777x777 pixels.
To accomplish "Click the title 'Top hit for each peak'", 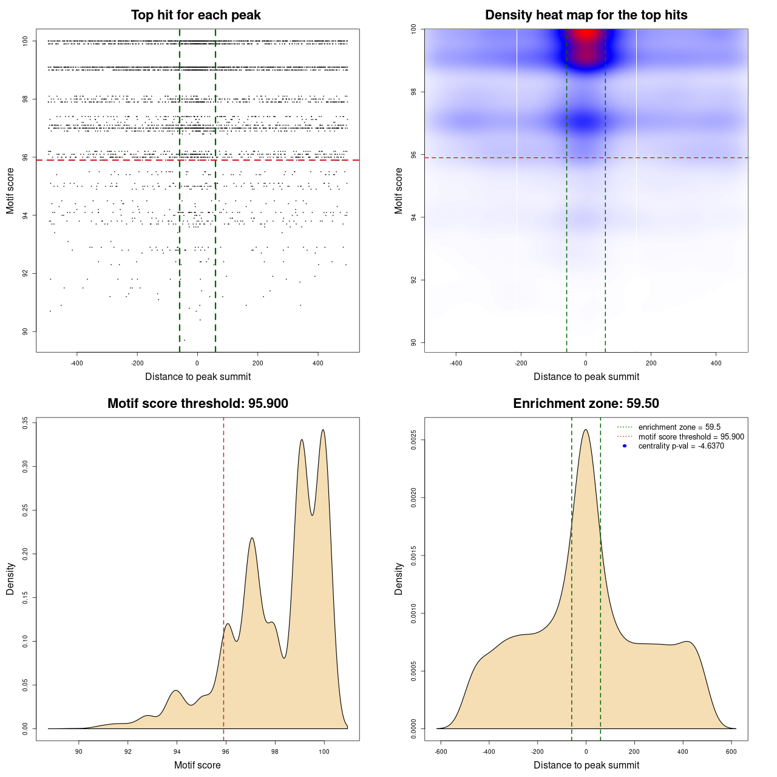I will tap(195, 15).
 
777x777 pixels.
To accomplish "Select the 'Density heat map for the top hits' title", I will tap(586, 15).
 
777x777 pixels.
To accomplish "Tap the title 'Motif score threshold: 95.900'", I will tap(197, 404).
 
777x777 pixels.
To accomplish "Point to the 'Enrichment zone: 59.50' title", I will tap(586, 404).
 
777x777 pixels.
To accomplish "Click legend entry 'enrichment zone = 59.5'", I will tap(679, 427).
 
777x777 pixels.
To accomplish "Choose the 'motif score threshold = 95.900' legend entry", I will tap(691, 436).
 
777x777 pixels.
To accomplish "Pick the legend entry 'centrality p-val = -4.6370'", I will tap(681, 446).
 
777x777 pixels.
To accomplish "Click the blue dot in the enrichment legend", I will tap(625, 446).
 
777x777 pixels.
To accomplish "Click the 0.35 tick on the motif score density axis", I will tap(25, 422).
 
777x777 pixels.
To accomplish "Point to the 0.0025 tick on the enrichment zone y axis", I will tap(413, 439).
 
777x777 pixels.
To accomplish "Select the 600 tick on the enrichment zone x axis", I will tap(731, 752).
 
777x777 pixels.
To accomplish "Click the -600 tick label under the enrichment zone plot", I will tap(441, 752).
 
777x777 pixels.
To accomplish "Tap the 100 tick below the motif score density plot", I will tap(324, 752).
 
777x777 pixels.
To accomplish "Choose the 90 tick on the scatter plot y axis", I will tap(25, 331).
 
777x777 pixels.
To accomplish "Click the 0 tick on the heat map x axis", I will tap(586, 363).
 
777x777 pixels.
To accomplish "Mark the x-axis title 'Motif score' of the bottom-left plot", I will tap(197, 765).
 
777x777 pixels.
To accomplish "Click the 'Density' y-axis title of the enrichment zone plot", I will tap(399, 579).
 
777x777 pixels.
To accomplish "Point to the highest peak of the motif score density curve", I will tap(323, 430).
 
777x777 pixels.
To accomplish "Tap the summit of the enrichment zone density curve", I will tap(586, 430).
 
